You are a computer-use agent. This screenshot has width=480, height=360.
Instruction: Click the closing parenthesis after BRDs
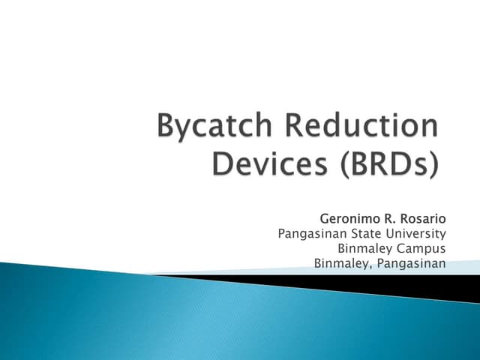432,164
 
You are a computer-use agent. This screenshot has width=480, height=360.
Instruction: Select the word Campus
422,248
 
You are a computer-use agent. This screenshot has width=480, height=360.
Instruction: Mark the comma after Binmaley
371,267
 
